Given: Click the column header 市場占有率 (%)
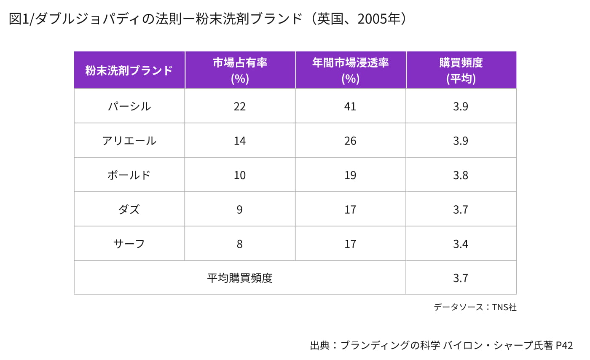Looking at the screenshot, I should (x=240, y=70).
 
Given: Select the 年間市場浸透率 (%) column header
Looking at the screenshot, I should (x=350, y=70).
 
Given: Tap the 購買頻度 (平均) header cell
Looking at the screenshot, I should (x=461, y=70).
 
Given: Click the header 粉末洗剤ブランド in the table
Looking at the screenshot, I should (x=129, y=70).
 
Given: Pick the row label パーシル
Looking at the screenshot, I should (x=129, y=106).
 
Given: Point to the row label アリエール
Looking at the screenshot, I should (x=129, y=141).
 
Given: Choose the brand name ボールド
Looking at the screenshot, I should (x=129, y=175).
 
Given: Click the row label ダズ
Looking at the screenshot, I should (x=129, y=210).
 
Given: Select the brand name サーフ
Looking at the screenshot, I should (x=129, y=244).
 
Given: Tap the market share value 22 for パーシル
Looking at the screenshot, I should (x=240, y=106).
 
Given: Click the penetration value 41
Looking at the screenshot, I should (x=350, y=106).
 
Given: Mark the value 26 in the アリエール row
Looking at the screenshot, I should (x=350, y=141).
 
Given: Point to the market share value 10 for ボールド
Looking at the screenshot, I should (x=240, y=175).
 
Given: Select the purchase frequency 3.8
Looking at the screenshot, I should (x=461, y=175).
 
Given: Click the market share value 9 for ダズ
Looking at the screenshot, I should (x=240, y=210).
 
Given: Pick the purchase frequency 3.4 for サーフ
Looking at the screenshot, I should (x=461, y=244).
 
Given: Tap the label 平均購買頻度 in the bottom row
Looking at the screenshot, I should (x=240, y=278).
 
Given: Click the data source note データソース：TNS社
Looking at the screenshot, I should (x=475, y=307).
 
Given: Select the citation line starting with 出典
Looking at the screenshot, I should (x=441, y=345).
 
